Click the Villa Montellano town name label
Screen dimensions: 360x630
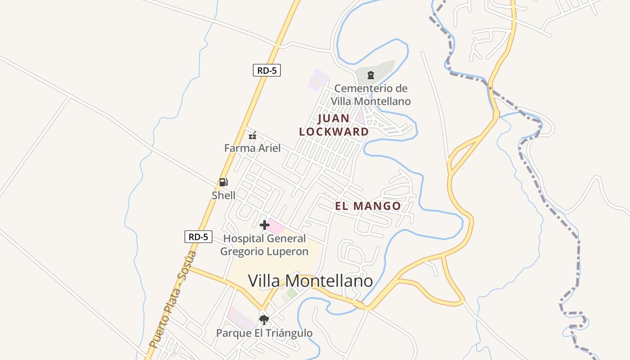(x=310, y=281)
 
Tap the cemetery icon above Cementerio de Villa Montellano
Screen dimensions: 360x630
(x=371, y=75)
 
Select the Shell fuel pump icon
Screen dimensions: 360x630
(x=223, y=182)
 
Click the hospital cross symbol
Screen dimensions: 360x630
(x=265, y=225)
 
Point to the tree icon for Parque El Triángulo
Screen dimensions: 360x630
(x=264, y=320)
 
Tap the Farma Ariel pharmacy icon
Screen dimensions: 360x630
(x=252, y=135)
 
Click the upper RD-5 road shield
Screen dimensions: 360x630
(x=266, y=71)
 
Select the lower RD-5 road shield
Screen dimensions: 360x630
(x=198, y=237)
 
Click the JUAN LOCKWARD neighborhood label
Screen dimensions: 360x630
(x=334, y=125)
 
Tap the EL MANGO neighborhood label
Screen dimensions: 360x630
(x=368, y=206)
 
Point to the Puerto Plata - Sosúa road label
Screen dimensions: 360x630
(x=173, y=299)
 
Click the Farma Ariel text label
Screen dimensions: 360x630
(x=252, y=148)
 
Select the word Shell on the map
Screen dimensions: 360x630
(x=224, y=195)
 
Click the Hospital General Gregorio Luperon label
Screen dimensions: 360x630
(x=264, y=245)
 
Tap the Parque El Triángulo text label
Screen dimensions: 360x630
(x=264, y=333)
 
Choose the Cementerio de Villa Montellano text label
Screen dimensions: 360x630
(x=372, y=94)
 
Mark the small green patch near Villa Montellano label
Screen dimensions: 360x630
(x=291, y=293)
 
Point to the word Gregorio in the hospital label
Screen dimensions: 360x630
(x=244, y=252)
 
